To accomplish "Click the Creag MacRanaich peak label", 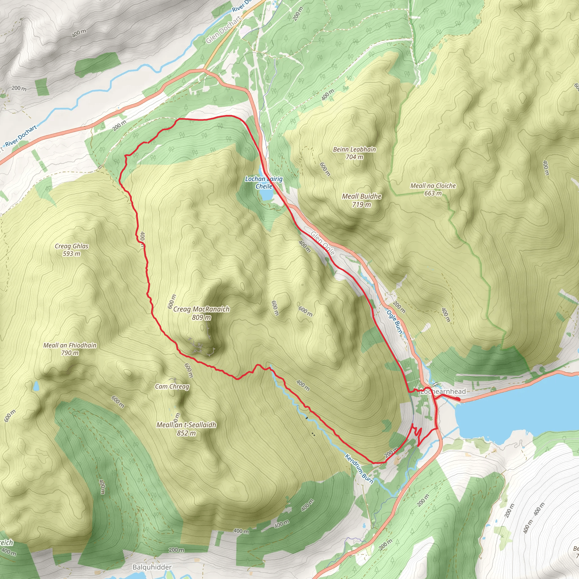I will (201, 309).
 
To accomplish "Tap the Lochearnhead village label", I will (444, 391).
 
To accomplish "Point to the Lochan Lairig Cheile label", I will (264, 183).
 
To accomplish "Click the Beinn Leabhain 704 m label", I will (354, 153).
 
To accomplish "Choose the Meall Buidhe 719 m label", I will (362, 200).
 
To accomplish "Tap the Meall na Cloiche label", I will (433, 189).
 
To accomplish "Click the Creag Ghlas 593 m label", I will (72, 250).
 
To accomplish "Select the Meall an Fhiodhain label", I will (70, 349).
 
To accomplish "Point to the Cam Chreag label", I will (172, 386).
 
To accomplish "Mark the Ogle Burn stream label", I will (394, 321).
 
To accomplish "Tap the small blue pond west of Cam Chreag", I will (36, 386).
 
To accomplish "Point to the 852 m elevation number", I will (186, 433).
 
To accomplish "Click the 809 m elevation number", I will (201, 317).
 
